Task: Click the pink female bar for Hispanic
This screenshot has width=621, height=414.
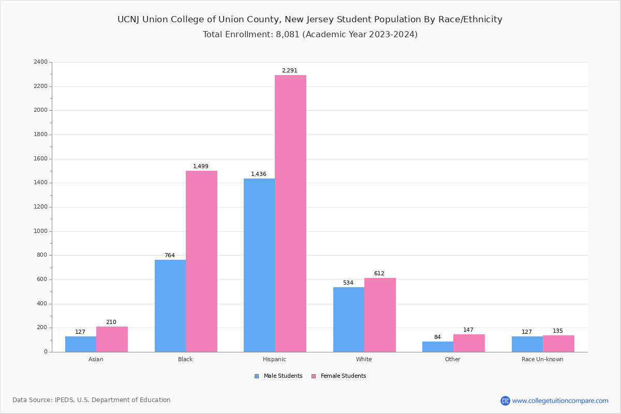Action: click(x=290, y=213)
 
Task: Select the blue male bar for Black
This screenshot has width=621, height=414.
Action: click(x=170, y=305)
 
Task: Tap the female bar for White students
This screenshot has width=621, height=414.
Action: click(x=380, y=315)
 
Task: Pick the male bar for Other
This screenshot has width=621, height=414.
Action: click(x=438, y=347)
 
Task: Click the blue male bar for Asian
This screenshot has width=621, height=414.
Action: click(x=81, y=344)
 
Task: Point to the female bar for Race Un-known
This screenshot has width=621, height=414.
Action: click(x=558, y=344)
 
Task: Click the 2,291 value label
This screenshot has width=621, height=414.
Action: click(x=290, y=71)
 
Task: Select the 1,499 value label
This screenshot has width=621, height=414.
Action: click(x=201, y=167)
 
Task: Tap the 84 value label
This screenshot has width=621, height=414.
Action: click(x=437, y=337)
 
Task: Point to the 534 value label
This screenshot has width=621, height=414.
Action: click(x=348, y=283)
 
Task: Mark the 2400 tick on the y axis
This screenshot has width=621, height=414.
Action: click(x=40, y=62)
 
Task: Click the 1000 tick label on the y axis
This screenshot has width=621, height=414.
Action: click(x=40, y=231)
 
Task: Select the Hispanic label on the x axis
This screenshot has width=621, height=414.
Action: click(x=274, y=359)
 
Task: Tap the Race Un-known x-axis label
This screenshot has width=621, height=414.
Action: click(x=542, y=359)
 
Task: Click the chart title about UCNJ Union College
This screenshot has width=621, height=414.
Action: click(x=310, y=20)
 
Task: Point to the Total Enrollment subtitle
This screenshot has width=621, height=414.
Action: click(x=310, y=35)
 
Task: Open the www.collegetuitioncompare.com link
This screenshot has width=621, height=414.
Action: click(x=560, y=401)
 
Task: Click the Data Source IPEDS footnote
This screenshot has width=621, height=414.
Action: click(x=92, y=400)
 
